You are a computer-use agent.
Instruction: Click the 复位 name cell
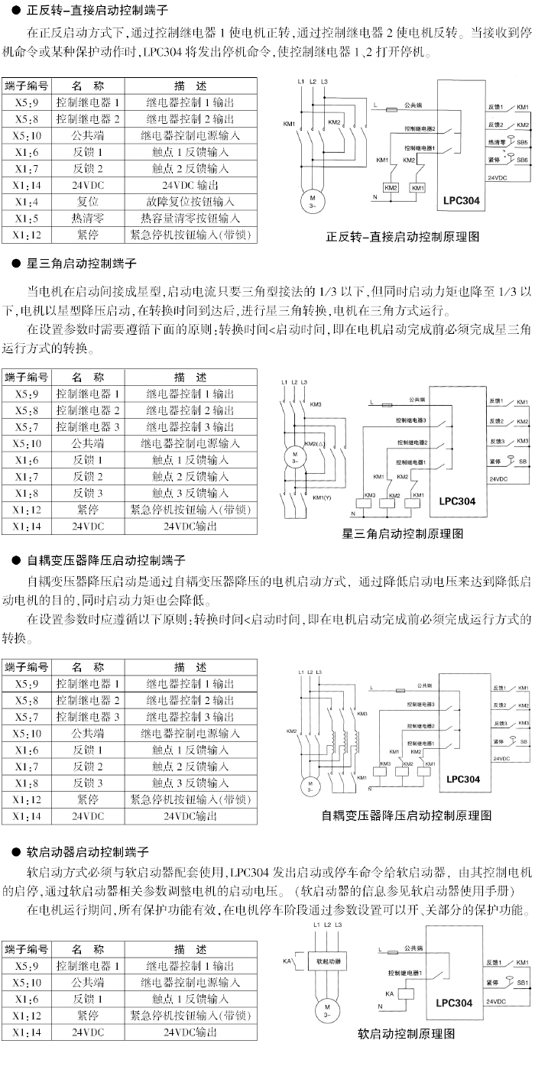coord(88,202)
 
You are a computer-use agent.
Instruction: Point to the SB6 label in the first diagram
coord(523,160)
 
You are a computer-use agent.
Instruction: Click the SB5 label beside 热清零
coord(523,142)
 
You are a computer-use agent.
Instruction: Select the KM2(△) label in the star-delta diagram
coord(312,444)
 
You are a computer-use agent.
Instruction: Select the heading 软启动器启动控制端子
coord(87,851)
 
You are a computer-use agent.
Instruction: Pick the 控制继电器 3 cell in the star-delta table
coord(88,426)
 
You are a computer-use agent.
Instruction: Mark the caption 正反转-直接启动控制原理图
coord(403,236)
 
